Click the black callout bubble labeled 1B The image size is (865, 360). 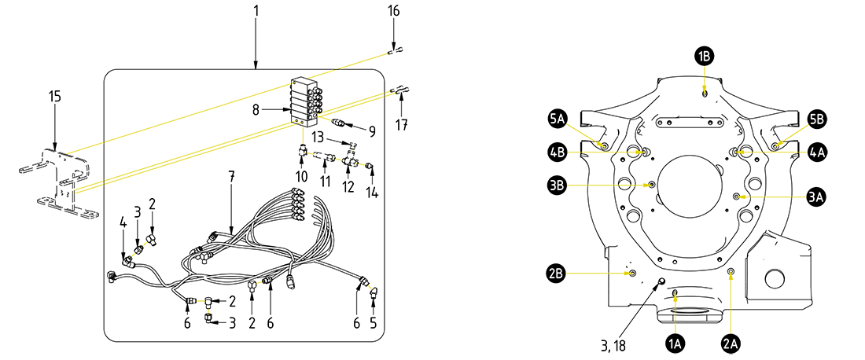tap(704, 56)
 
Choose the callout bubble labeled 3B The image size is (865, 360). tap(558, 186)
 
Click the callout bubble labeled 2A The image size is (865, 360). tap(731, 343)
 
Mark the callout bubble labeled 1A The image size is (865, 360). tap(675, 343)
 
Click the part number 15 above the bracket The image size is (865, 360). tap(54, 96)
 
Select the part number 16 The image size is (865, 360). tap(393, 11)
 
